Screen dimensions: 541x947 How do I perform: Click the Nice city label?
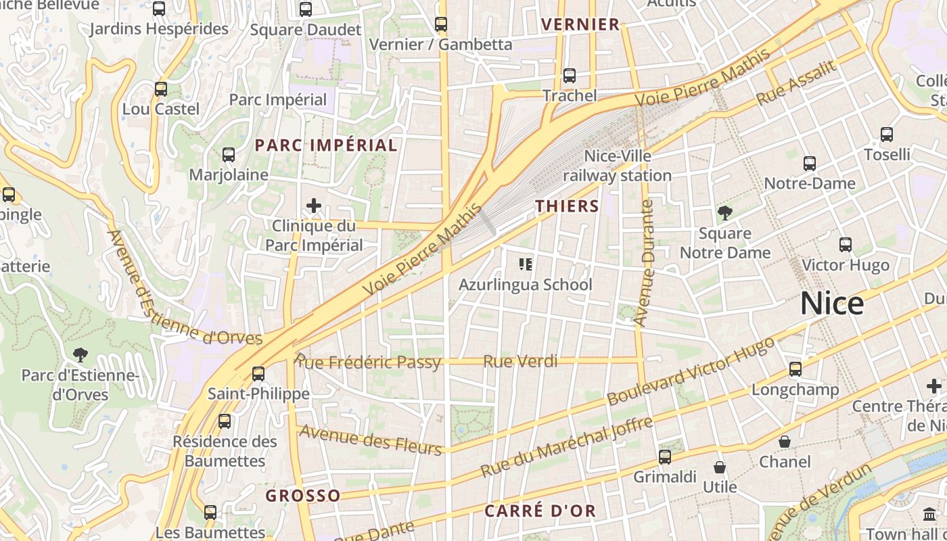click(832, 304)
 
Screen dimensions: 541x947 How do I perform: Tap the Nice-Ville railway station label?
click(618, 166)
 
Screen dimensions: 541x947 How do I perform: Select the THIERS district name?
click(568, 206)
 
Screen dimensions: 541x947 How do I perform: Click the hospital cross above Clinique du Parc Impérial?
click(314, 205)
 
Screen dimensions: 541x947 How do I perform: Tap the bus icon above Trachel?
click(570, 75)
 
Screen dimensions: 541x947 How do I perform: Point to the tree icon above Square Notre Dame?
click(725, 213)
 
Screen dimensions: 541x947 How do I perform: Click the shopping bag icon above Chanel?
click(785, 442)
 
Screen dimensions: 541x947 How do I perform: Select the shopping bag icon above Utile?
click(720, 467)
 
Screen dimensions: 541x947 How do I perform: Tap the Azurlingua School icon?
click(526, 264)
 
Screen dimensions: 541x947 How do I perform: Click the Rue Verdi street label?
click(520, 361)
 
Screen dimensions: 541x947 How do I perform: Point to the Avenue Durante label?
click(647, 263)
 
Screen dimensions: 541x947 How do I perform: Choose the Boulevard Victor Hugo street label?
click(691, 371)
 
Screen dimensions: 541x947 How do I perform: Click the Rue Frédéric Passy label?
click(369, 362)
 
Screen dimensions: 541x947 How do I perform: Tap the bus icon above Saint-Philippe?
click(258, 373)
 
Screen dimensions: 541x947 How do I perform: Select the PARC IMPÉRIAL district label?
click(326, 145)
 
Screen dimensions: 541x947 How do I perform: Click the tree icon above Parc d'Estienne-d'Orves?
click(80, 354)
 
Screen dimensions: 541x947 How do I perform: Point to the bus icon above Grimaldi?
click(665, 457)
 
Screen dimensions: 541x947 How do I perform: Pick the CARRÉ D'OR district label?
click(540, 511)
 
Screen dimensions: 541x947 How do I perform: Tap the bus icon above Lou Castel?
click(161, 89)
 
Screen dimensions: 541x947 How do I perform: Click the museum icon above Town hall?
click(929, 514)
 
